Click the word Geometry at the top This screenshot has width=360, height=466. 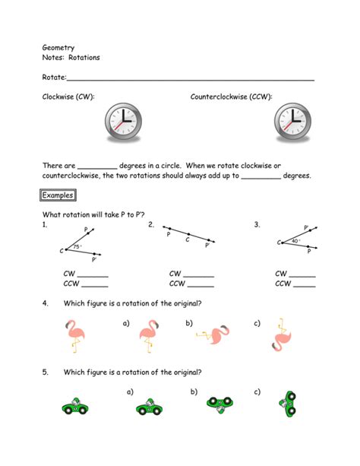[x=58, y=47]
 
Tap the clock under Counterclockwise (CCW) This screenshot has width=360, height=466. [x=292, y=121]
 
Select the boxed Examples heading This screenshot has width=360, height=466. [x=58, y=195]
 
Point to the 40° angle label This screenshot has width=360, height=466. [x=297, y=240]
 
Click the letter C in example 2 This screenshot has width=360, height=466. [x=188, y=239]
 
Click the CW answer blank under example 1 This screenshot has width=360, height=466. [x=94, y=274]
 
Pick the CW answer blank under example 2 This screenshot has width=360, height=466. [x=199, y=274]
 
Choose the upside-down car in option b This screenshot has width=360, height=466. [x=219, y=404]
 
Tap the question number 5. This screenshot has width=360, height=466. [x=46, y=372]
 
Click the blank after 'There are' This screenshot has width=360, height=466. [x=97, y=166]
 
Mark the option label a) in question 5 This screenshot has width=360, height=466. [x=130, y=392]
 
